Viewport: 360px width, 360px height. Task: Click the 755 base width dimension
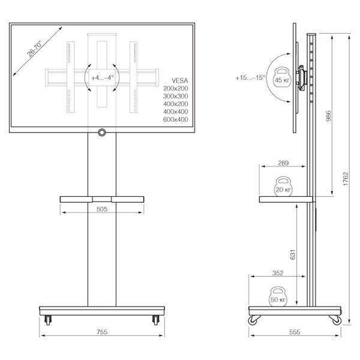(x=102, y=332)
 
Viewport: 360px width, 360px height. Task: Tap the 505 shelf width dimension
(x=102, y=209)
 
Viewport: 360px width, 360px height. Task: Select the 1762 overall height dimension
(x=346, y=179)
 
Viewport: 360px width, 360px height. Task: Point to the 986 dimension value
(x=329, y=116)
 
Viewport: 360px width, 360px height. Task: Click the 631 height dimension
(x=293, y=254)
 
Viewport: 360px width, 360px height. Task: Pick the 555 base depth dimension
(x=295, y=332)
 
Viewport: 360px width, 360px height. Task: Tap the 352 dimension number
(x=278, y=273)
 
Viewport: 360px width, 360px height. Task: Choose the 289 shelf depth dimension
(x=283, y=163)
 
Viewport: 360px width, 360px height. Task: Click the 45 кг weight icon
(x=282, y=77)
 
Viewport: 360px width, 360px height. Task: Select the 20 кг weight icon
(x=283, y=187)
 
